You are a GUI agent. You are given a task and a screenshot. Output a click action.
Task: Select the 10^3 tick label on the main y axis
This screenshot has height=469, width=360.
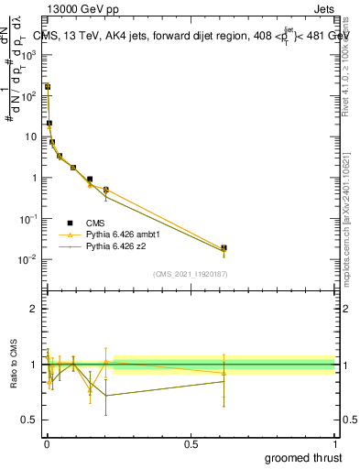[29, 55]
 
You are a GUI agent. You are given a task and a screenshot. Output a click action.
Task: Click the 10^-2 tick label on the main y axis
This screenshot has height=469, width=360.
[29, 260]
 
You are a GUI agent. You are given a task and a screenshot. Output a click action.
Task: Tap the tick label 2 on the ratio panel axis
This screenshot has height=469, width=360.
[34, 309]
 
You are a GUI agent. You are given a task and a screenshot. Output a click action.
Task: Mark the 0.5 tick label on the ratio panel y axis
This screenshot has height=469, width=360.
[30, 420]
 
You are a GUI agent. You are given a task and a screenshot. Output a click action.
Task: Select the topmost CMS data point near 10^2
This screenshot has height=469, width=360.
[48, 87]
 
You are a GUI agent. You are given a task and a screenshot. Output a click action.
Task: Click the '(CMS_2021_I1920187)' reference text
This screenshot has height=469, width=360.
[191, 273]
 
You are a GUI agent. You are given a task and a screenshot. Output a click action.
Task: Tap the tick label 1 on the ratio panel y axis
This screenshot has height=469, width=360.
[34, 365]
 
